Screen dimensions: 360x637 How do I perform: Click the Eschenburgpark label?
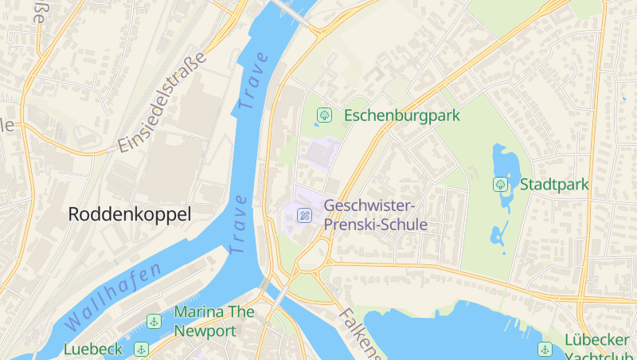[402, 115]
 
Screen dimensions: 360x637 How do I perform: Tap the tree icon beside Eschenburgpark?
[324, 115]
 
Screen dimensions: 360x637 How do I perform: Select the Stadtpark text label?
[554, 185]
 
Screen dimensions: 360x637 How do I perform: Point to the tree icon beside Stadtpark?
[500, 185]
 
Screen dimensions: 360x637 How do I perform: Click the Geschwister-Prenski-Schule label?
[376, 215]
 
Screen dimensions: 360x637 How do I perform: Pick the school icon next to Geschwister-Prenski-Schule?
[304, 215]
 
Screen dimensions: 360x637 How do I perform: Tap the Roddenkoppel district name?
[130, 214]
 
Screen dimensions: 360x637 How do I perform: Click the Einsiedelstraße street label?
[162, 103]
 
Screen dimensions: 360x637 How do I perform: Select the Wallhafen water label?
[112, 297]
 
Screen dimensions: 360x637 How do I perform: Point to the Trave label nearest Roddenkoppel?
[239, 224]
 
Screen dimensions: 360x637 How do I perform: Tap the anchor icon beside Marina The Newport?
[154, 321]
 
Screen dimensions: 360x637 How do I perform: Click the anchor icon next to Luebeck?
[141, 349]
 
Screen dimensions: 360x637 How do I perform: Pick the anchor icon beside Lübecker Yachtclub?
[545, 349]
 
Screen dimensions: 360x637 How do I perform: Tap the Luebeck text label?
[93, 349]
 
